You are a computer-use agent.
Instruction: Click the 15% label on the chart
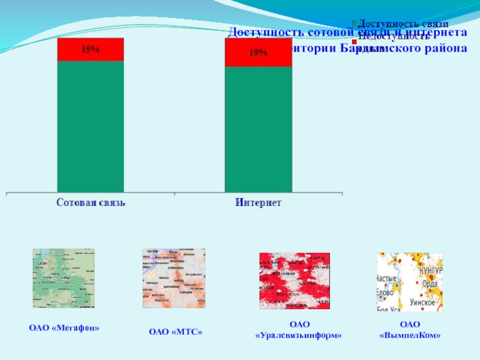coord(91,50)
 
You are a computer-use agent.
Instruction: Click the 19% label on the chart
coord(259,52)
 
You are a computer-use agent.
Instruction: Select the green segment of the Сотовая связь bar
coord(91,126)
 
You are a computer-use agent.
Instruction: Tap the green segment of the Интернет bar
coord(259,129)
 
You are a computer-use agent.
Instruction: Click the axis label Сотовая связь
coord(91,203)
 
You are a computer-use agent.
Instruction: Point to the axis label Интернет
coord(259,203)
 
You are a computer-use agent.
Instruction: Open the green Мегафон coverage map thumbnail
coord(64,278)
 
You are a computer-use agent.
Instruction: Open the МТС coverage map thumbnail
coord(173,278)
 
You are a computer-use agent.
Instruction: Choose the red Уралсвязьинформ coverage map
coord(295,281)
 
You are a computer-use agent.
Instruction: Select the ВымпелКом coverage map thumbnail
coord(409,281)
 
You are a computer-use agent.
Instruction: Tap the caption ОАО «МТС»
coord(175,331)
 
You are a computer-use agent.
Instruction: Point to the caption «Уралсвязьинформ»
coord(298,335)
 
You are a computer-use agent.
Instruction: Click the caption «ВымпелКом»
coord(410,335)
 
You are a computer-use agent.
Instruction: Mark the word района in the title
coord(442,48)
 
